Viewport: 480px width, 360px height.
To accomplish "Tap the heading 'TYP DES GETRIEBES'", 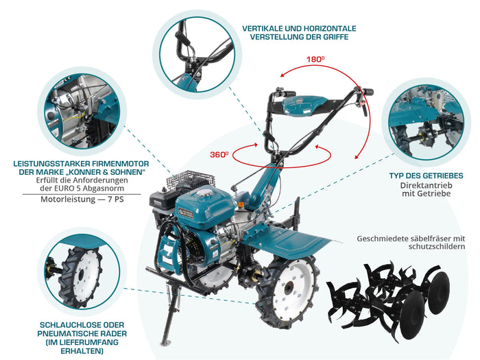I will click(425, 176).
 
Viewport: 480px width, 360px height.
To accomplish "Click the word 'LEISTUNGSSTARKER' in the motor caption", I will click(47, 163).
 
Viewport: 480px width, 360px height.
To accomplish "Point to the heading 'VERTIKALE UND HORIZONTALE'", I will click(299, 28).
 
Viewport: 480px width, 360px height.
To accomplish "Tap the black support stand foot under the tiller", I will click(165, 341).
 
